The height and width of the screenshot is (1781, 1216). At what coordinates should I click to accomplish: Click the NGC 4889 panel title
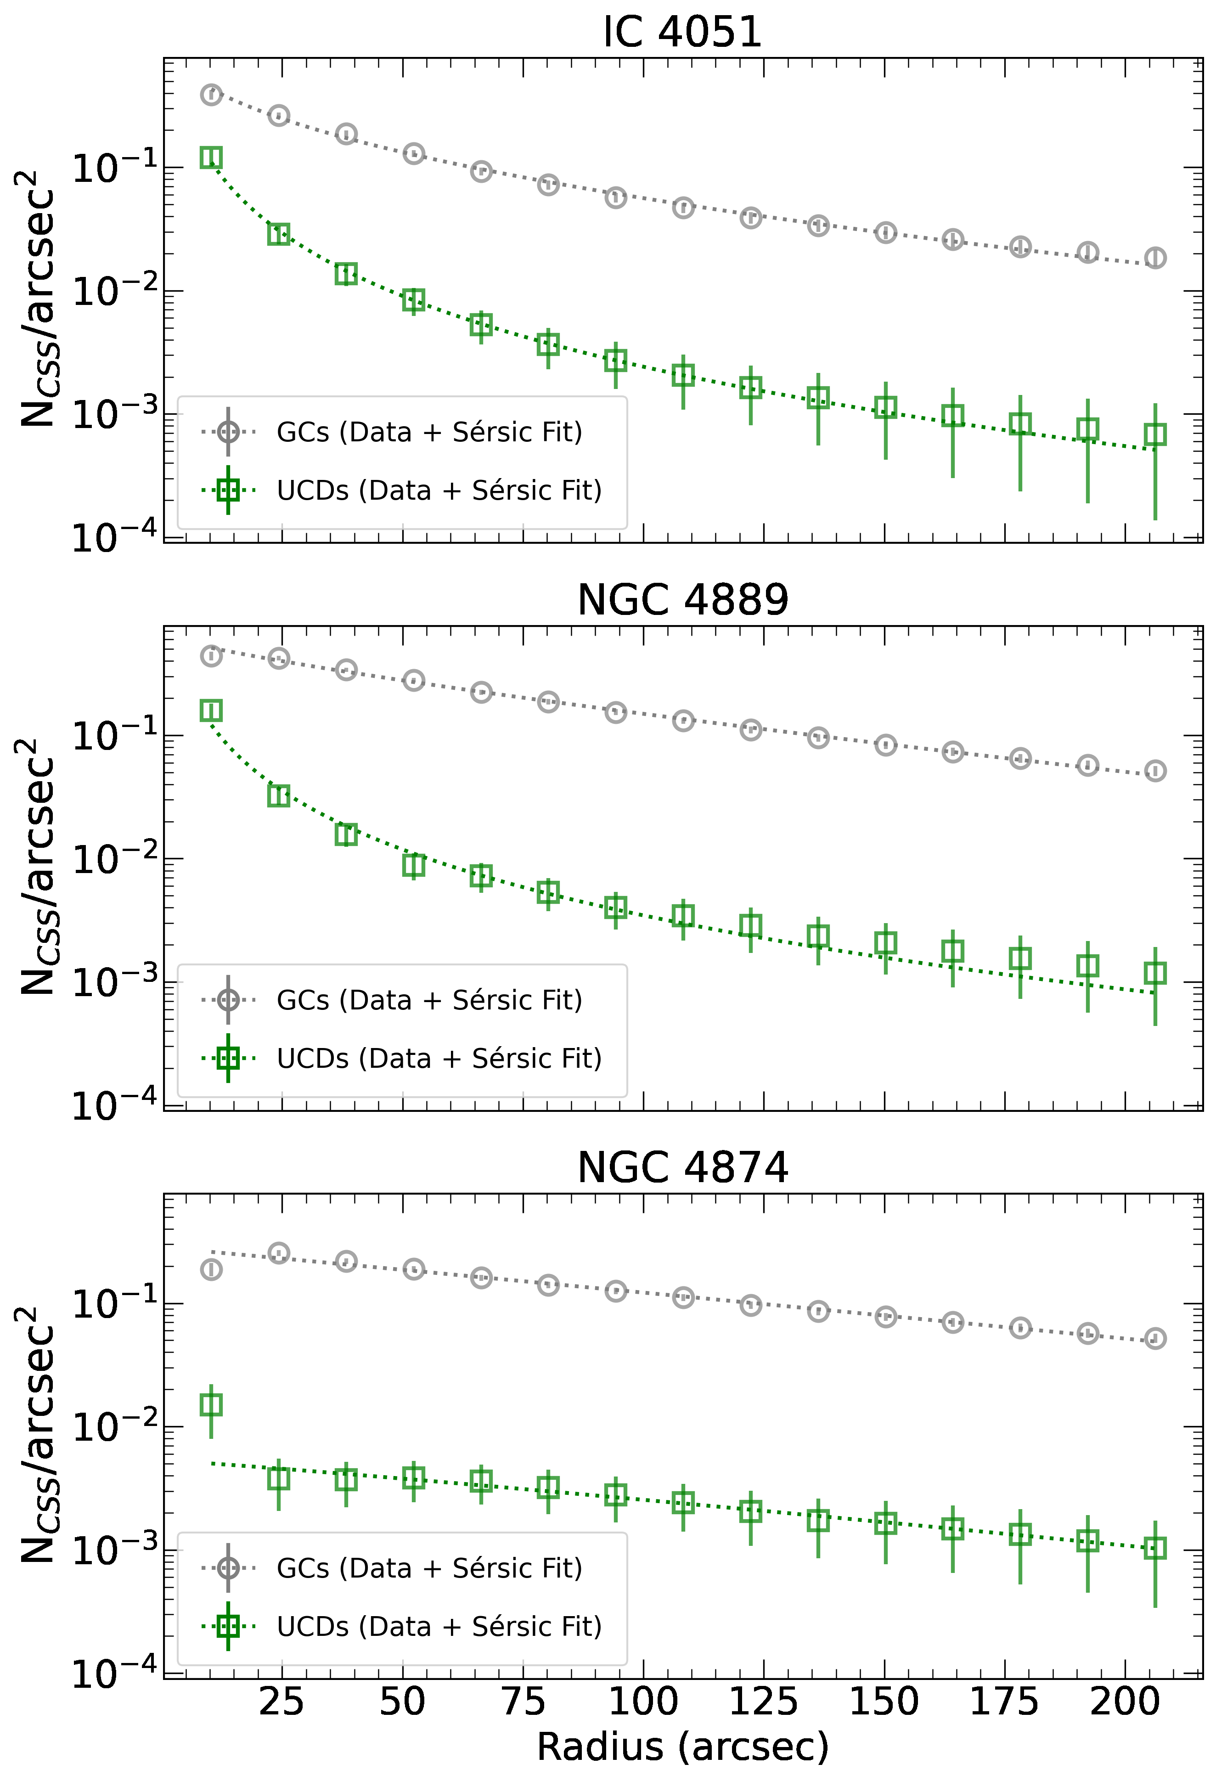point(682,600)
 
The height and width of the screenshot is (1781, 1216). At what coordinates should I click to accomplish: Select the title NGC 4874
point(682,1168)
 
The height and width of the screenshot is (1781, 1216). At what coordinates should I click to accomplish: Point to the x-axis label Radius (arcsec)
point(682,1747)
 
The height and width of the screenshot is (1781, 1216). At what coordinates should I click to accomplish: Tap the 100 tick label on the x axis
point(643,1702)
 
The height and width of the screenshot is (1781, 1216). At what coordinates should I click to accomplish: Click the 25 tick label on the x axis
point(281,1702)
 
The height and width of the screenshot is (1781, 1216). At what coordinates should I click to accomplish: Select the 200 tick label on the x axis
point(1125,1702)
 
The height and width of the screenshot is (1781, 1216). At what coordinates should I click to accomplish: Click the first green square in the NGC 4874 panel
point(212,1405)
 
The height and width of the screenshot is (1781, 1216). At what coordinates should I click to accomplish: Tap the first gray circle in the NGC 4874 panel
point(212,1270)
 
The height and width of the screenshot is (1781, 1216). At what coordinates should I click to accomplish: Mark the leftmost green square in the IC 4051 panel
point(212,158)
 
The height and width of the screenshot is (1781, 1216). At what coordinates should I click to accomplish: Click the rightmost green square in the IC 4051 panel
point(1155,434)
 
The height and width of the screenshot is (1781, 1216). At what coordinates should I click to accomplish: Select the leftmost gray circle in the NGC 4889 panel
point(212,656)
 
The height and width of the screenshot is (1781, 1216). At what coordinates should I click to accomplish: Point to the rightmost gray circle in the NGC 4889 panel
point(1155,771)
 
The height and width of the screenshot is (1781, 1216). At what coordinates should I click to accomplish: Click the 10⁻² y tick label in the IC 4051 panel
point(115,291)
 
